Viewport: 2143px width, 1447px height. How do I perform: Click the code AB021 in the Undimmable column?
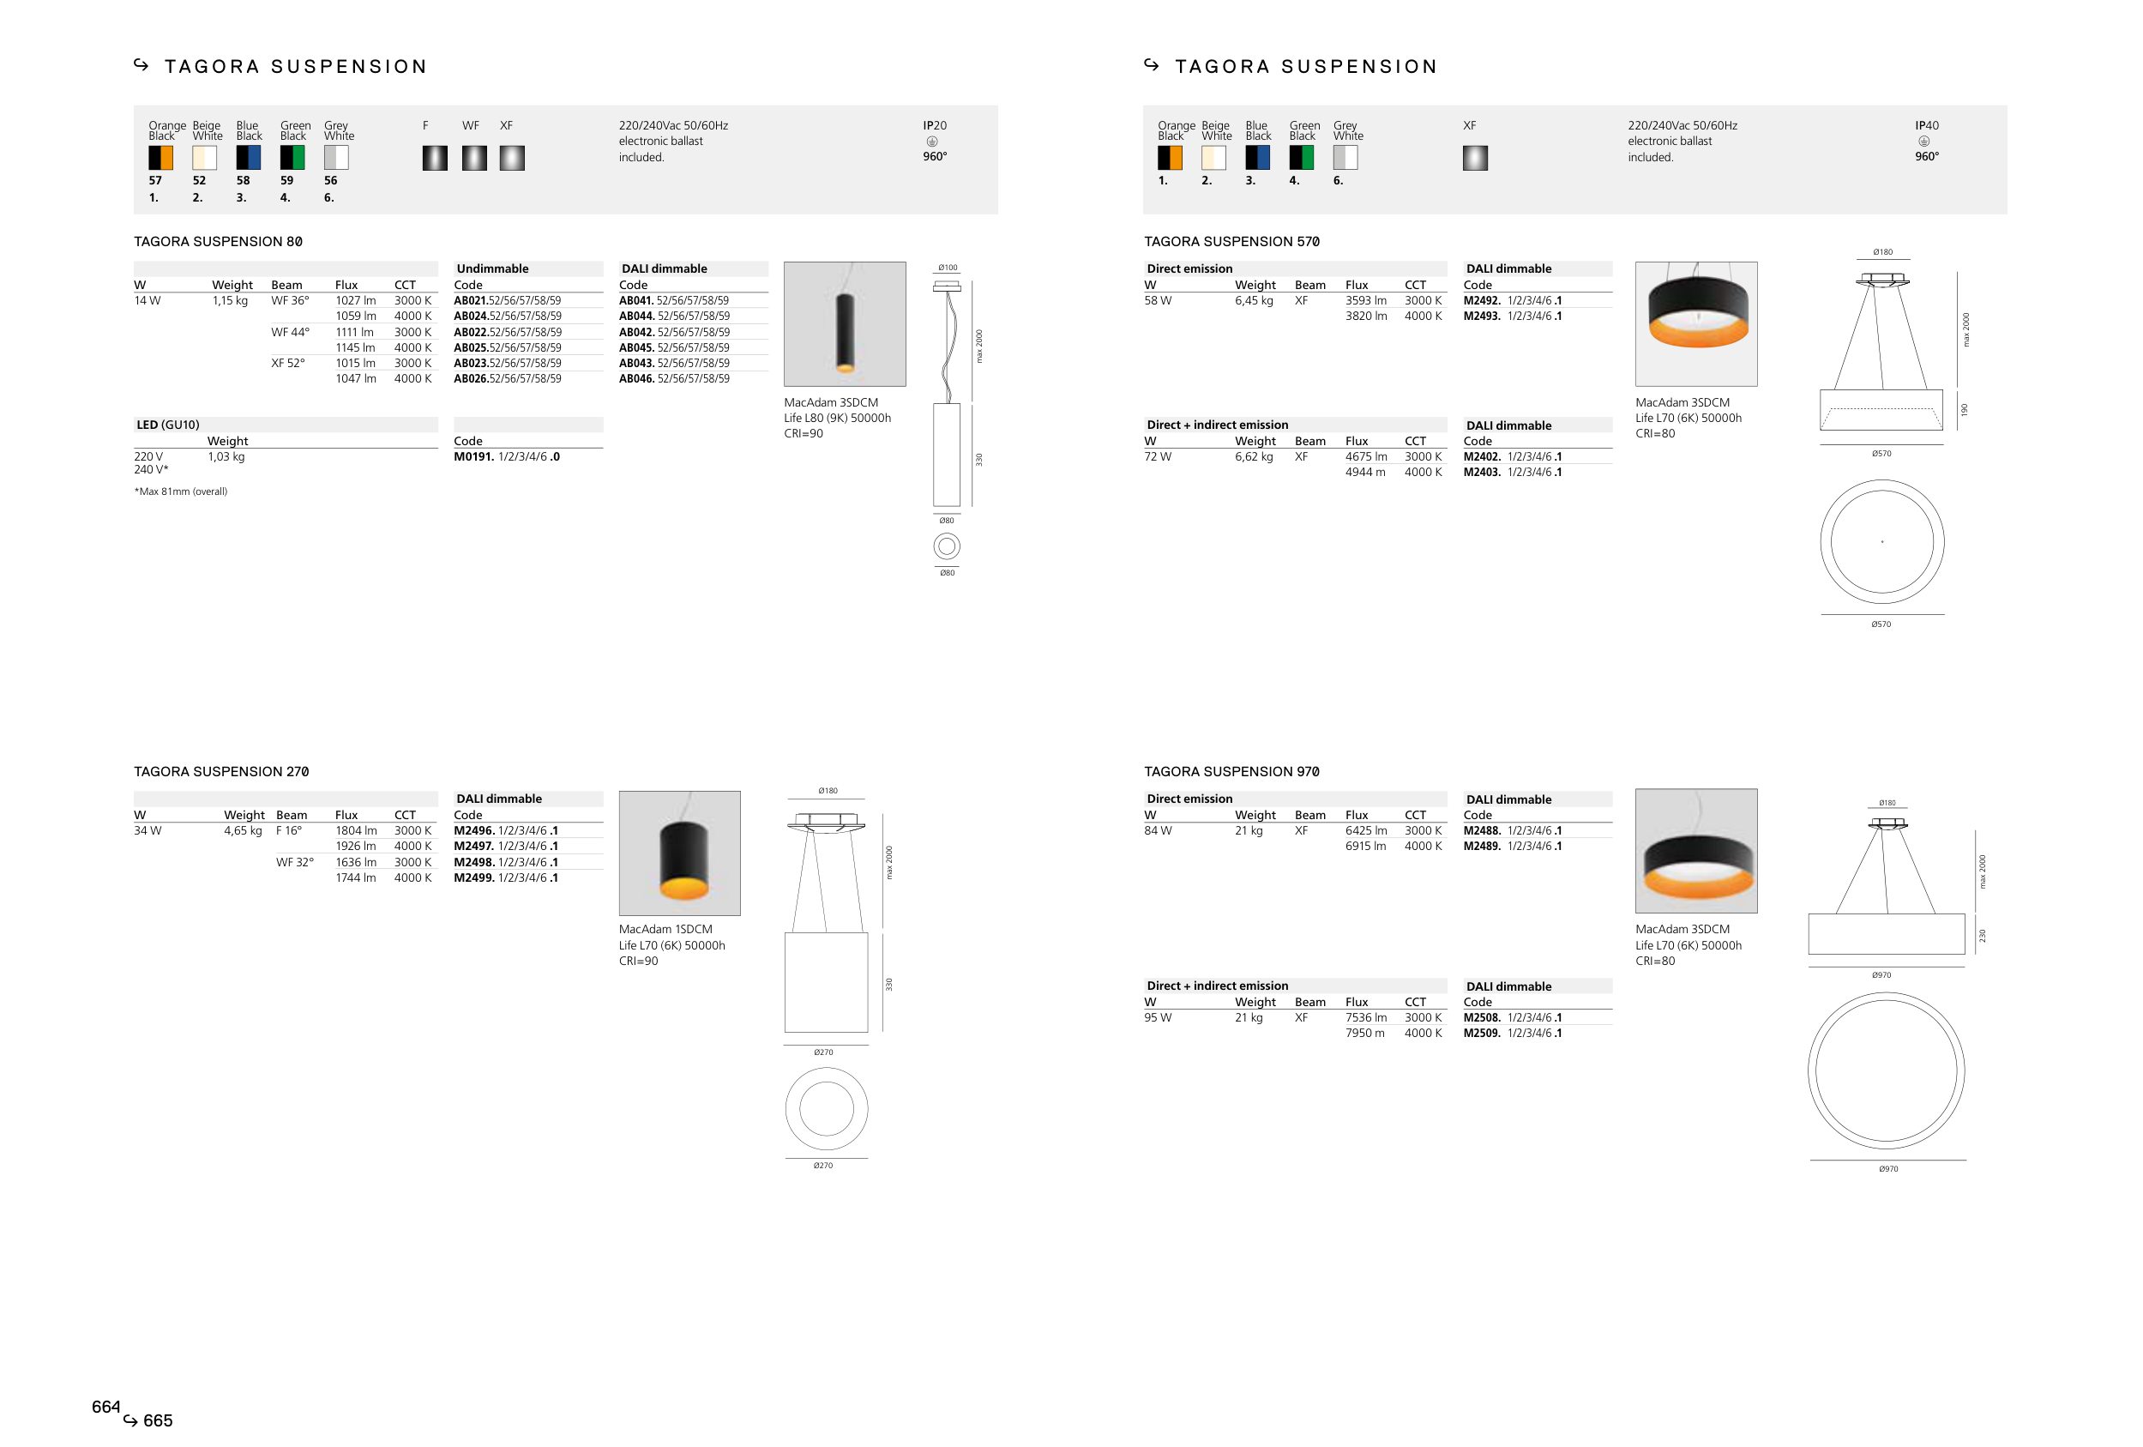click(x=470, y=301)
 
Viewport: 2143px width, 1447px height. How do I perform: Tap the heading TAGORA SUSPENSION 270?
click(x=221, y=772)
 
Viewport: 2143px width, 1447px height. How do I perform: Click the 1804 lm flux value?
click(x=356, y=831)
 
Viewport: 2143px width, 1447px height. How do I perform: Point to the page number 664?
click(x=106, y=1407)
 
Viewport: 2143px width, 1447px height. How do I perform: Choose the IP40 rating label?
click(x=1926, y=125)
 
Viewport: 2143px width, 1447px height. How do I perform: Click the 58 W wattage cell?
click(x=1159, y=301)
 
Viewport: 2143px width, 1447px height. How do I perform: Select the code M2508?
click(x=1482, y=1018)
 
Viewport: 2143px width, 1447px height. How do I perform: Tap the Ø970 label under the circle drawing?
click(x=1888, y=1168)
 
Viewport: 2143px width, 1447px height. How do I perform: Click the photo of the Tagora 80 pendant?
click(x=845, y=323)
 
